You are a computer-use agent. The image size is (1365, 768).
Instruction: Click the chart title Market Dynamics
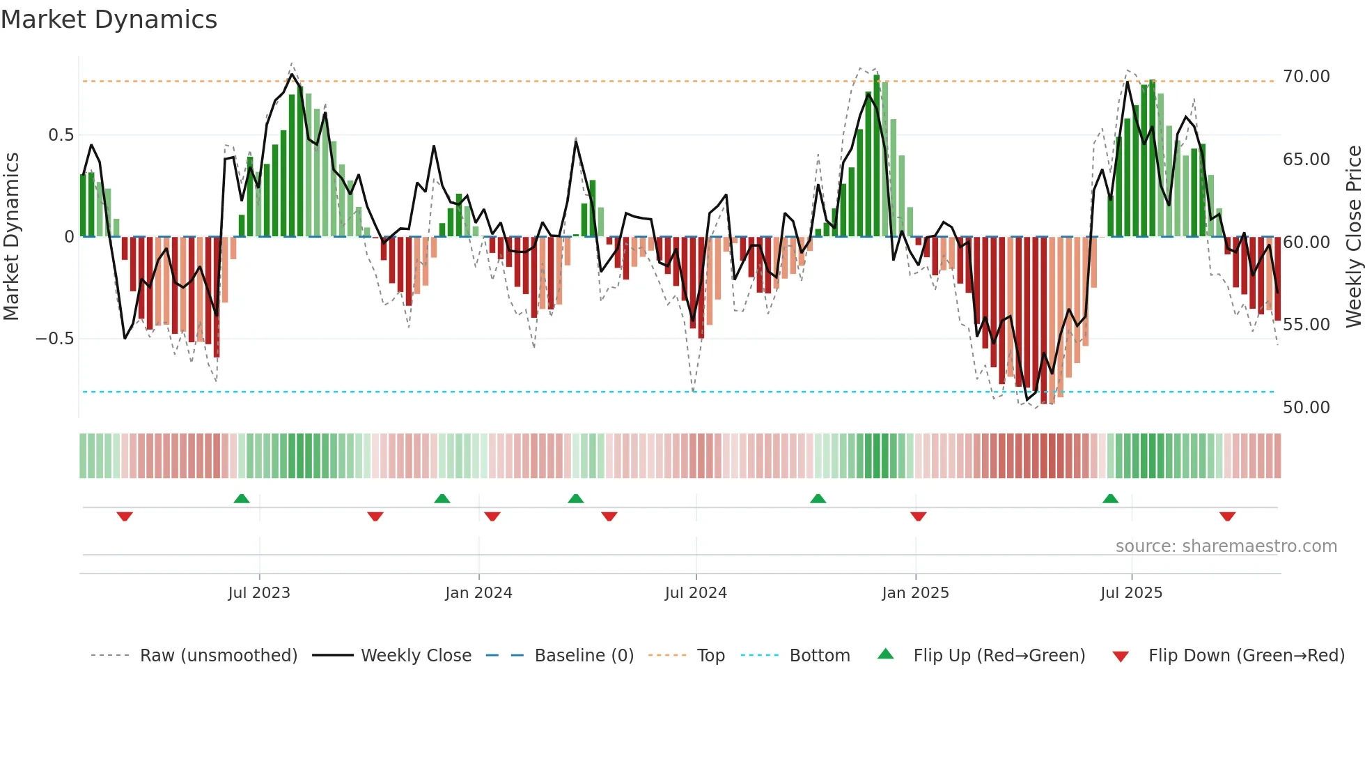click(109, 20)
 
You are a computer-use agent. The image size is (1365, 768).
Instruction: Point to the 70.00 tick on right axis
click(1306, 77)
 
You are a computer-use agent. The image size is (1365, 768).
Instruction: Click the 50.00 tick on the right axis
click(1306, 408)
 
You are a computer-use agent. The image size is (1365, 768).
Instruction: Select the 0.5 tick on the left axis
click(61, 135)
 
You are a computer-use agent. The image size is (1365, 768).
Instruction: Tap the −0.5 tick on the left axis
click(55, 339)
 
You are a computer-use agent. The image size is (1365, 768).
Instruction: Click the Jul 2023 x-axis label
click(259, 593)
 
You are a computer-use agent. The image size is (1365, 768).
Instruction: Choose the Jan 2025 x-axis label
click(915, 593)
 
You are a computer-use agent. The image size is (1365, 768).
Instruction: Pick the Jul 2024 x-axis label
click(696, 593)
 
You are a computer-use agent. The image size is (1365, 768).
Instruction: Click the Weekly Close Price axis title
click(1353, 237)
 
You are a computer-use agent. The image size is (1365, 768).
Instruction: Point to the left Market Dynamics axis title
click(11, 237)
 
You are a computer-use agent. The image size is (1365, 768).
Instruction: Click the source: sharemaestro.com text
click(1226, 546)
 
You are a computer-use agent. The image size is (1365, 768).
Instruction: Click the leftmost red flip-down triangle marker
click(125, 516)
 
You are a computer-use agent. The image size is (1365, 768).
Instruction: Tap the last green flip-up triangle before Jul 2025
click(1110, 498)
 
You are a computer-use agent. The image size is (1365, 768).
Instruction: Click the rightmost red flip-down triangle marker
click(1227, 516)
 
